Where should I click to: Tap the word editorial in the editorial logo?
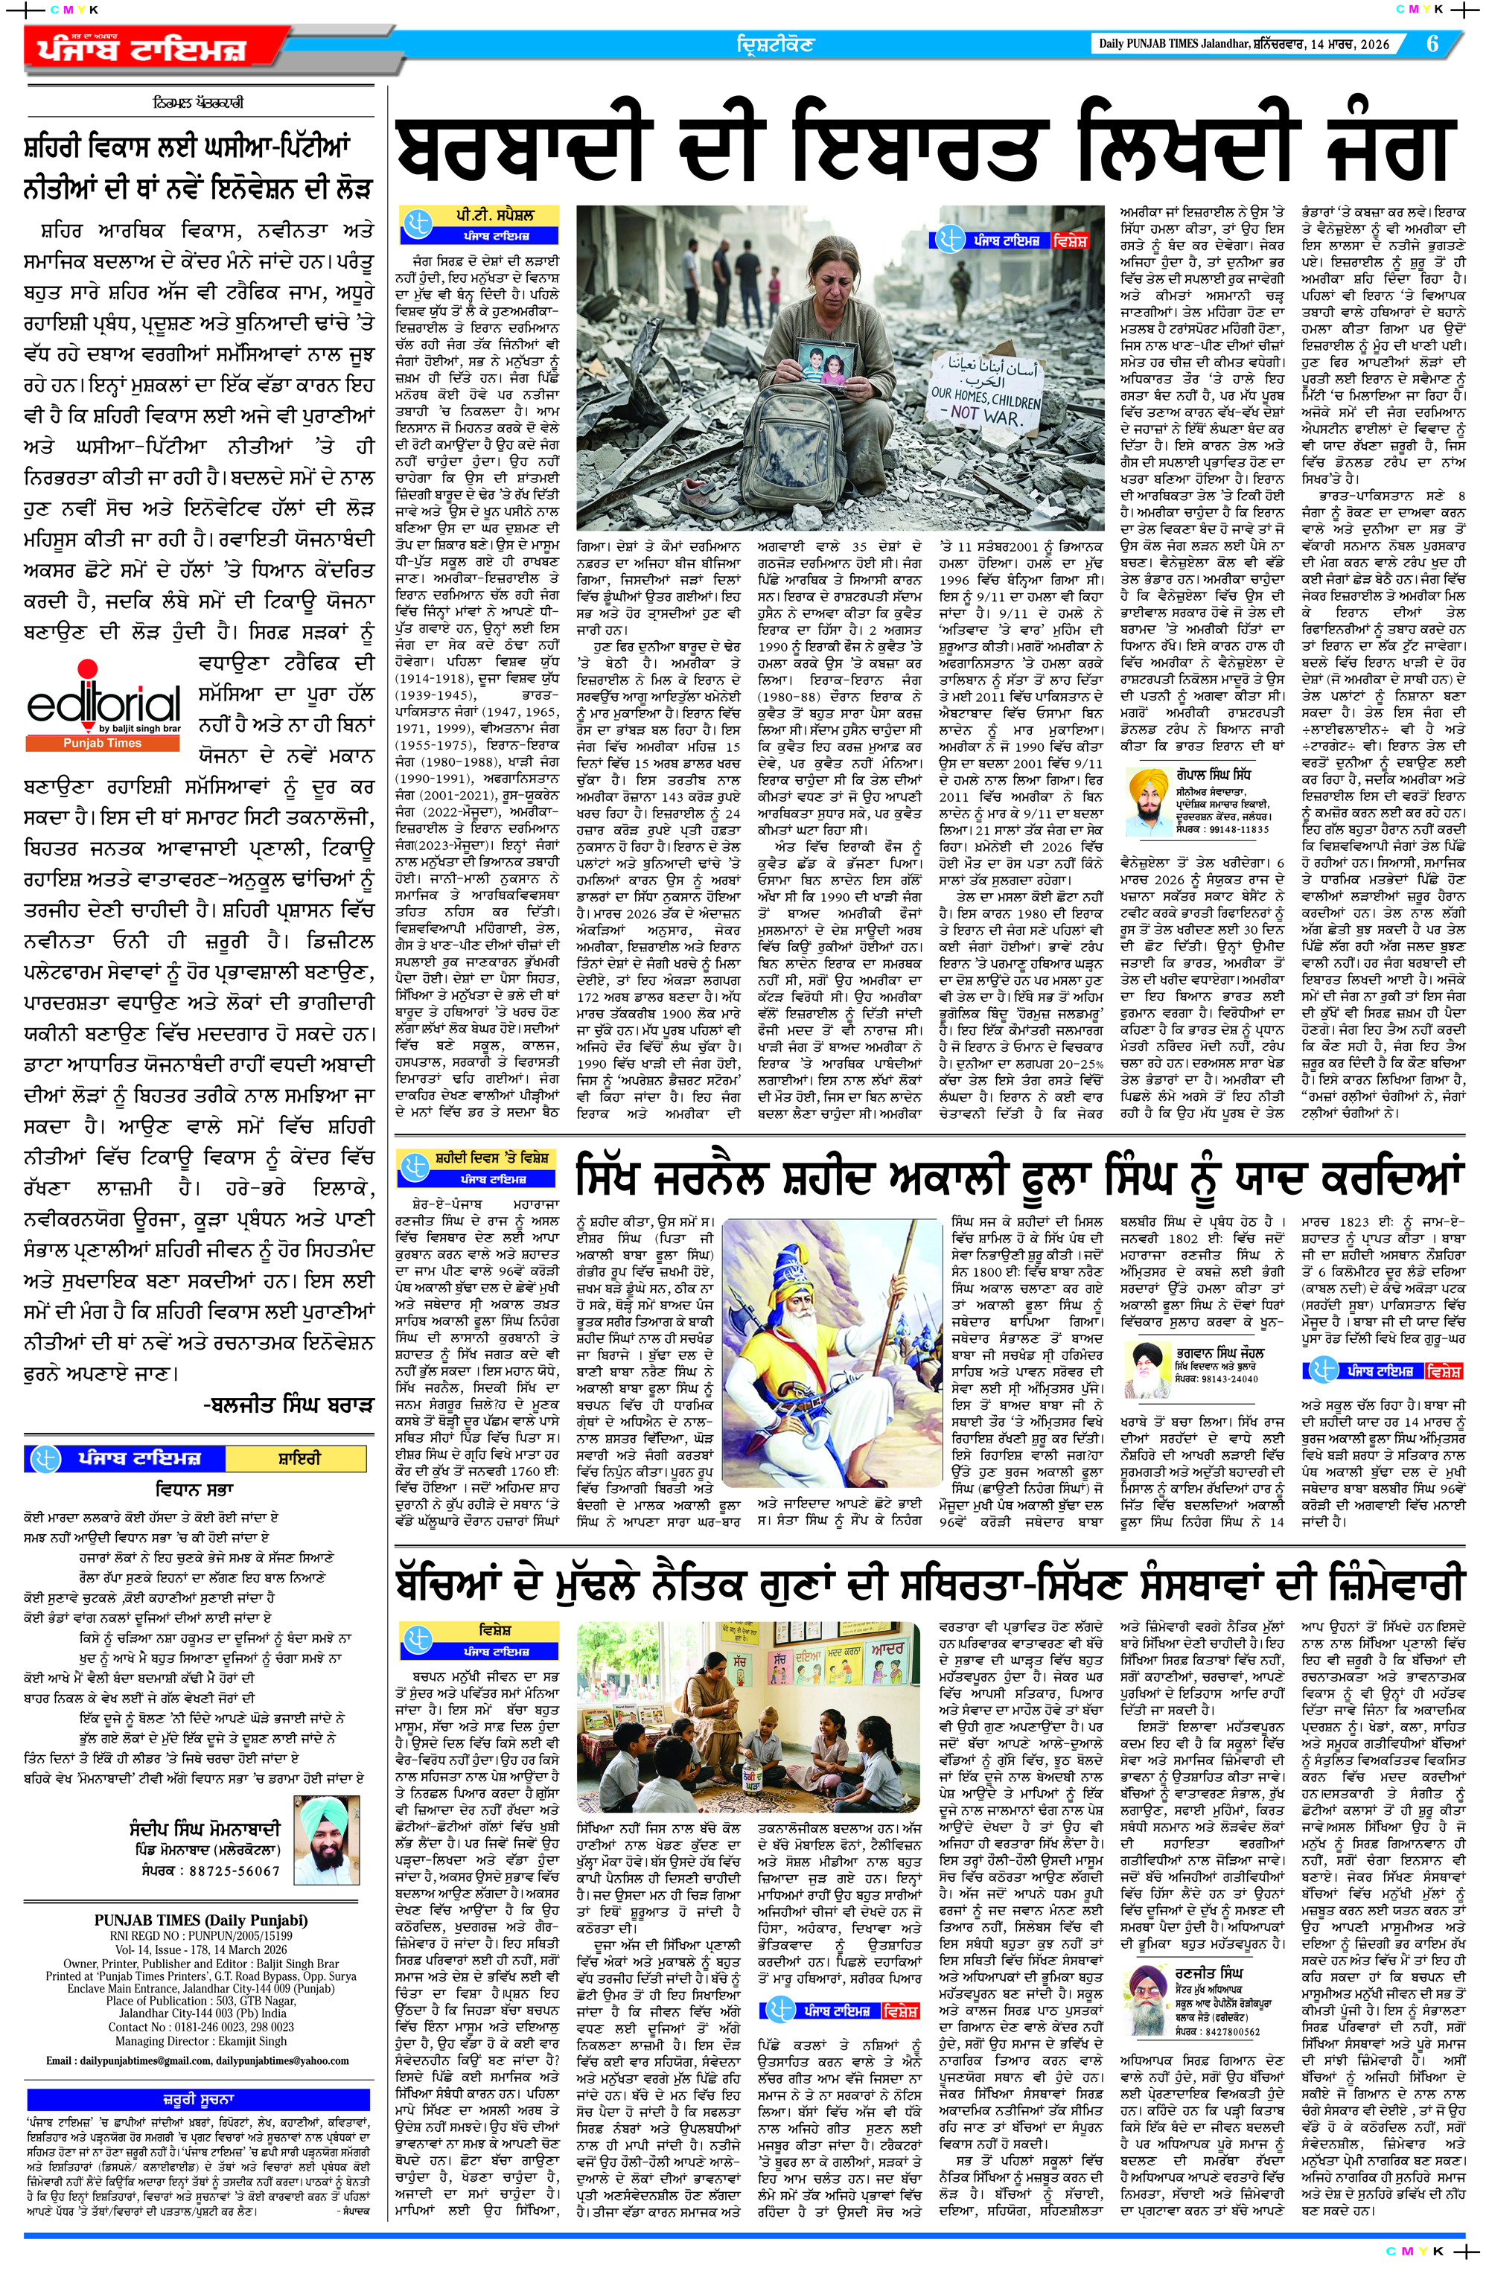click(103, 704)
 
